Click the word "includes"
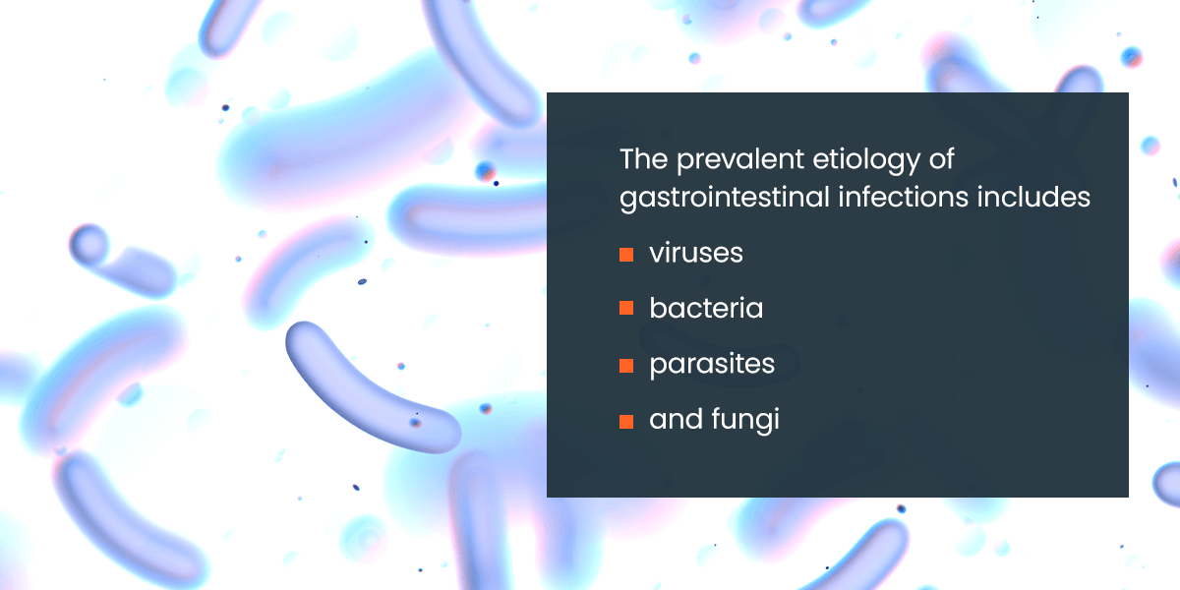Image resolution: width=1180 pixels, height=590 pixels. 1040,198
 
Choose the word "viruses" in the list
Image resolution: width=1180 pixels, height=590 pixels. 695,254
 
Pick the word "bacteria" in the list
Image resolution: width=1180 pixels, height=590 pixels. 705,309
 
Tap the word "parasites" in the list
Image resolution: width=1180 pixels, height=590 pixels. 712,365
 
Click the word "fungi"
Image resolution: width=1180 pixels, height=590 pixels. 744,421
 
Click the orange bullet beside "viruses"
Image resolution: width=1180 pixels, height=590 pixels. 625,255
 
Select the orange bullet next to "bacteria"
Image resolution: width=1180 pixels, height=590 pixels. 625,310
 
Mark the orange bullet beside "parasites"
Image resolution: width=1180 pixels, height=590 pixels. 625,366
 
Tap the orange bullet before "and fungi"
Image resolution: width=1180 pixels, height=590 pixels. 625,422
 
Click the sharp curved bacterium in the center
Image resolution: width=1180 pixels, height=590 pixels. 369,383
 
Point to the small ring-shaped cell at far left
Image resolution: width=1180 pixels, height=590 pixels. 89,242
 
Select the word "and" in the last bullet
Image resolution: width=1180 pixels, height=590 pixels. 671,421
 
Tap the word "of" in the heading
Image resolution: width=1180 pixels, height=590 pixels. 942,159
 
